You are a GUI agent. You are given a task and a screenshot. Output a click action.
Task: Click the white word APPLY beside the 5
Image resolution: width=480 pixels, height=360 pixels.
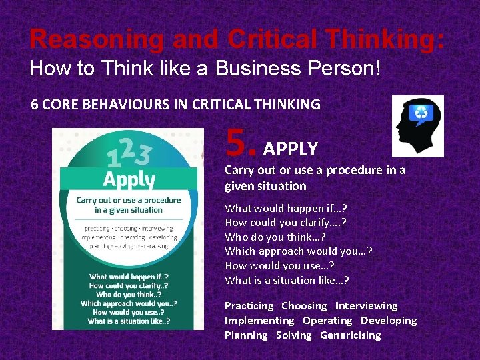[x=291, y=148]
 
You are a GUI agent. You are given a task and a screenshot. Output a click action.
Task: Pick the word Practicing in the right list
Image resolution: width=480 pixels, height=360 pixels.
[x=249, y=306]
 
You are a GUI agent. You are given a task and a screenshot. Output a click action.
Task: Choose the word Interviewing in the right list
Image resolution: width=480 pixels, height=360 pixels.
[x=366, y=306]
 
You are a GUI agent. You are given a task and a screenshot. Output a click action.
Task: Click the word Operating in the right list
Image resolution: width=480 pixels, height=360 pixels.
[x=327, y=321]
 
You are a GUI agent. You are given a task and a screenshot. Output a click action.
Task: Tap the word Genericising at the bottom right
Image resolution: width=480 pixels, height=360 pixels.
[x=351, y=335]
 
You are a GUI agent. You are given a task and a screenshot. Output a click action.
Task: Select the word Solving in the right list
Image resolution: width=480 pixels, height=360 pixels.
[x=294, y=335]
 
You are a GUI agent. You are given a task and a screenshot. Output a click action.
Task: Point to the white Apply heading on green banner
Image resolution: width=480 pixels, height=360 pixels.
[x=128, y=180]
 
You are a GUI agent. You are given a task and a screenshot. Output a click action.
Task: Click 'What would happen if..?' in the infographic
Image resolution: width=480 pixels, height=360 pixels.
[x=129, y=277]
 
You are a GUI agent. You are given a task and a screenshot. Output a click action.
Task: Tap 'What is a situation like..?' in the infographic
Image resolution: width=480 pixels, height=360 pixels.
[x=129, y=321]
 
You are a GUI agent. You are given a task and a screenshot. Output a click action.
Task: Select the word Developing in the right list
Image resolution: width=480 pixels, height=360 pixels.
[x=389, y=321]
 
